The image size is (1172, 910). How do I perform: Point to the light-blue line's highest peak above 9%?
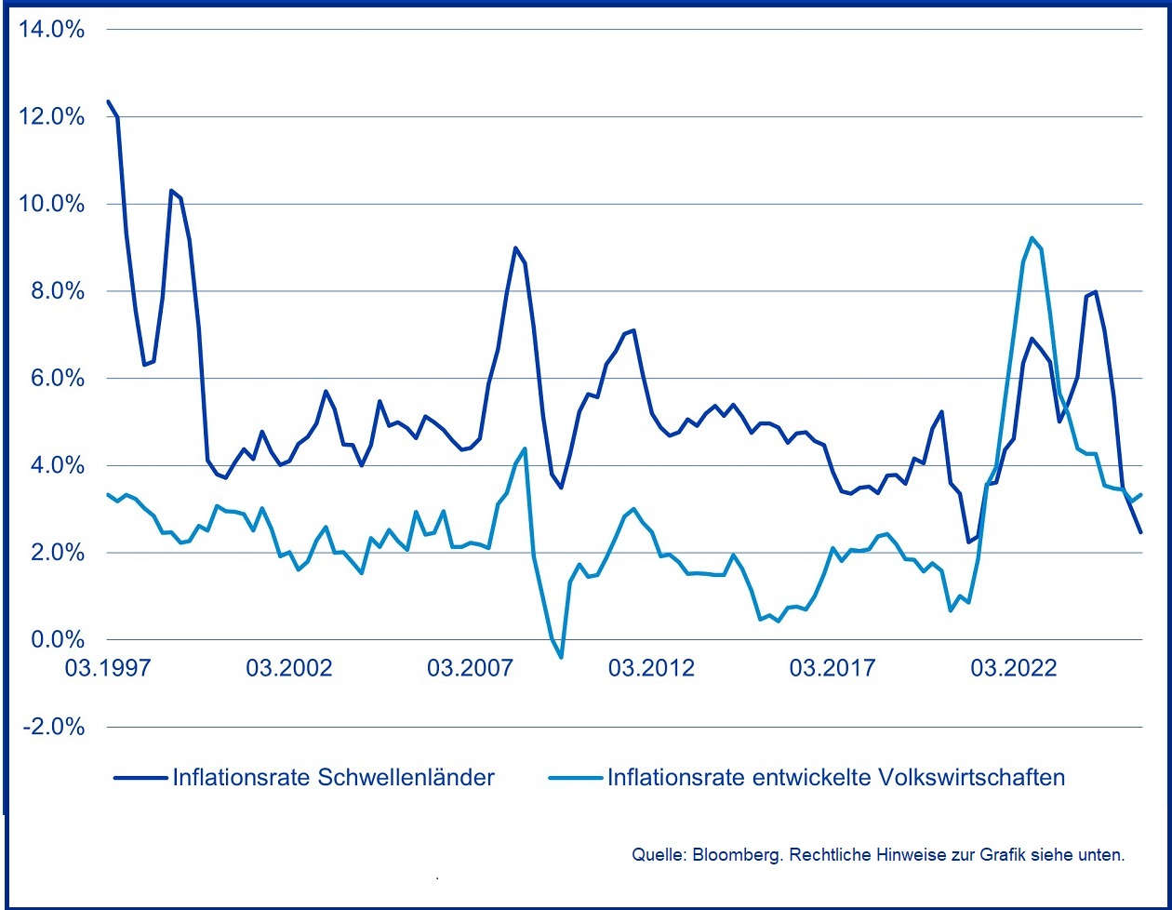click(x=1032, y=237)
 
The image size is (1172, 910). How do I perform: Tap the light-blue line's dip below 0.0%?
click(x=561, y=658)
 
